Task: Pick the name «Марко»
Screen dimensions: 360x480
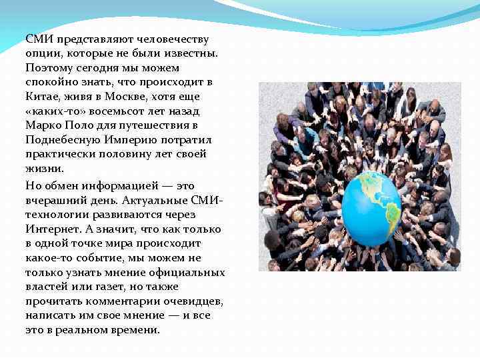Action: coord(43,125)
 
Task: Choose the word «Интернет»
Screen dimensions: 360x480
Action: coord(51,229)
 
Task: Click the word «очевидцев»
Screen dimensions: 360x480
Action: coord(193,301)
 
